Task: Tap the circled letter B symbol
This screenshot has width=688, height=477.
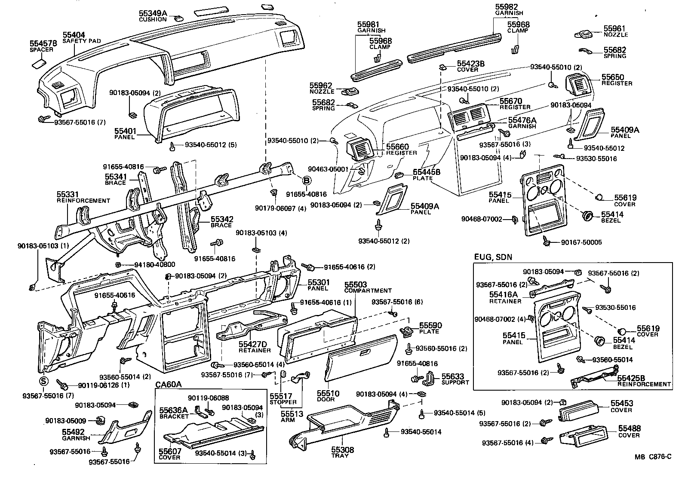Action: click(x=307, y=181)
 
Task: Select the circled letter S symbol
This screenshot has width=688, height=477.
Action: click(x=43, y=380)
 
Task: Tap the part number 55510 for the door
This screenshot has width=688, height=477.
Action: click(x=329, y=393)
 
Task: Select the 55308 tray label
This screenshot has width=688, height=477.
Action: click(x=342, y=452)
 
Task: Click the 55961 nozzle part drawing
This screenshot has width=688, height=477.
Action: click(x=584, y=34)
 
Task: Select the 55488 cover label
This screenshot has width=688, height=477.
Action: click(x=629, y=431)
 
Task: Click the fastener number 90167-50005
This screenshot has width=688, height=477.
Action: click(x=581, y=242)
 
